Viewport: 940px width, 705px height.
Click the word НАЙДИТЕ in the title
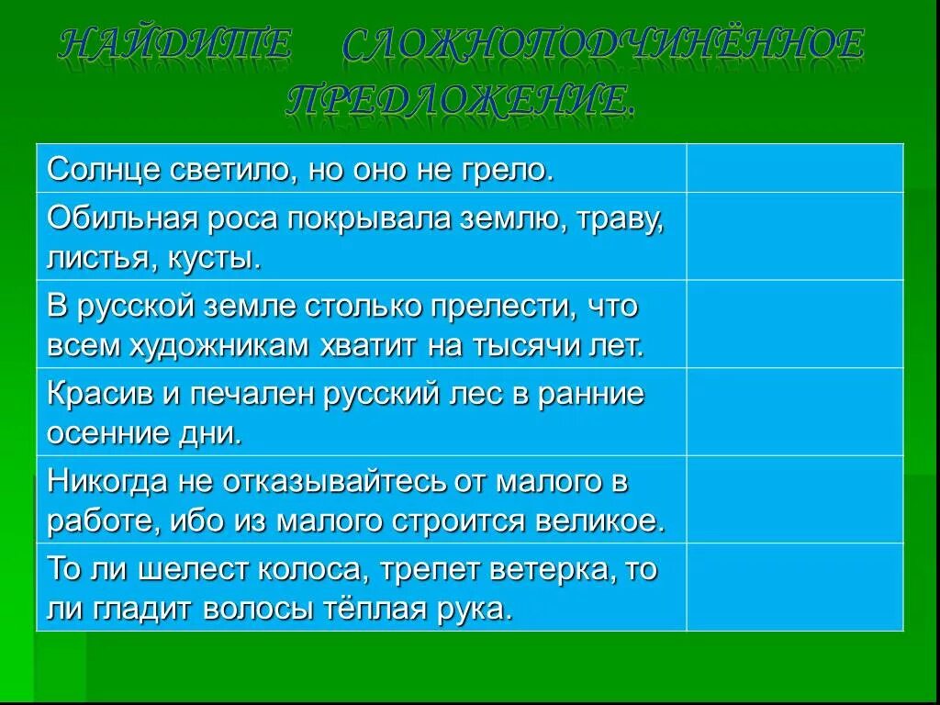point(174,46)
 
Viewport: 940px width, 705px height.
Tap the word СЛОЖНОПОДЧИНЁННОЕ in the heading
point(603,46)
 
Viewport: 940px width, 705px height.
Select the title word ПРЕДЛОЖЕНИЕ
point(459,99)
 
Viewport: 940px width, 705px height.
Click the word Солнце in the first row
point(101,170)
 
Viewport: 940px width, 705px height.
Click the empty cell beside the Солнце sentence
point(794,168)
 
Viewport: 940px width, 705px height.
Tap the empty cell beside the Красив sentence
point(794,411)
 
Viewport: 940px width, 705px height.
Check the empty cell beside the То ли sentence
point(794,587)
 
